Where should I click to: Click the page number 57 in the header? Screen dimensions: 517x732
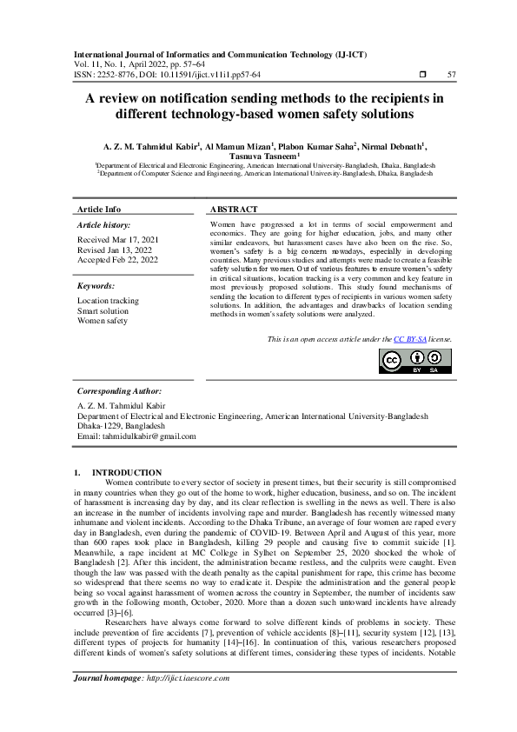tap(450, 74)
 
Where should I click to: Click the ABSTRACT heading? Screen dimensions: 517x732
tap(234, 210)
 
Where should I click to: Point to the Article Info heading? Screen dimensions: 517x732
tap(99, 210)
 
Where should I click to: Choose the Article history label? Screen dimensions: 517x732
tap(104, 224)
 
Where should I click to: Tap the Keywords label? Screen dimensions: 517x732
tap(96, 285)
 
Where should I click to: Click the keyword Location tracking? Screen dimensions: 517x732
tap(108, 301)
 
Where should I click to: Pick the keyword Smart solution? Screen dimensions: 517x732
tap(103, 310)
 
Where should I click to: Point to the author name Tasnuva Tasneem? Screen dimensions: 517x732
tap(256, 156)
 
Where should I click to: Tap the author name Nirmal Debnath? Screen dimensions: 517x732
tap(392, 145)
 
